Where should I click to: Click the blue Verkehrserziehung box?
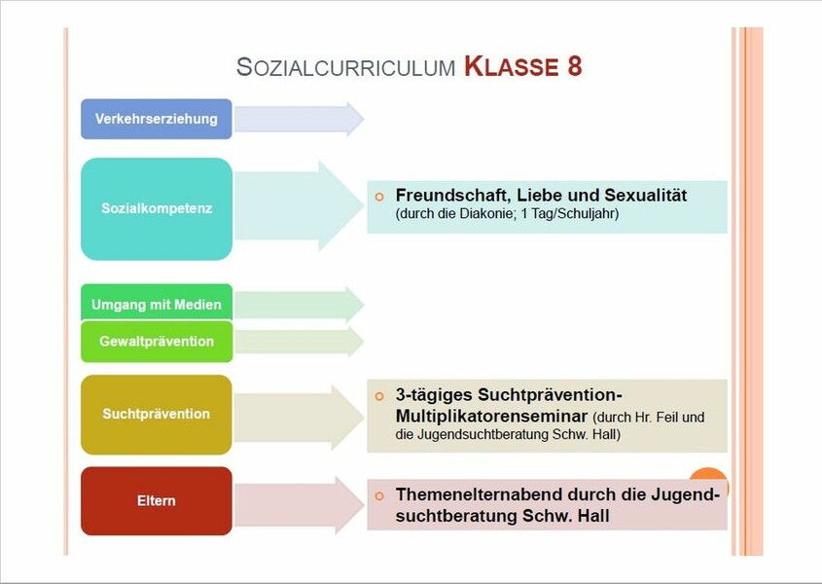[x=157, y=119]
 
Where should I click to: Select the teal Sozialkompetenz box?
[x=157, y=209]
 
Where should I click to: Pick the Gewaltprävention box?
[x=157, y=342]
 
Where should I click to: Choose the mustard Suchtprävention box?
[x=157, y=415]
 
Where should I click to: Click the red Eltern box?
[x=157, y=501]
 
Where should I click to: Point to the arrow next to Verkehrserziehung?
[x=299, y=119]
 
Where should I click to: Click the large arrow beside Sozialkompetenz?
[x=299, y=206]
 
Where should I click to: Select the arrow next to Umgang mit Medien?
[x=299, y=305]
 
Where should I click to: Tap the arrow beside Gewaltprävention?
[x=299, y=342]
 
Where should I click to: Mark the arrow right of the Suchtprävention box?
[x=299, y=418]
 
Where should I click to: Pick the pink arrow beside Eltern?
[x=299, y=505]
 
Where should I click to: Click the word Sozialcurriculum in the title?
[x=346, y=67]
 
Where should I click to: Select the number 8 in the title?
[x=575, y=67]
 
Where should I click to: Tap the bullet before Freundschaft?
[x=379, y=197]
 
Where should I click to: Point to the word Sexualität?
[x=645, y=196]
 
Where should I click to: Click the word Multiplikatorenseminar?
[x=491, y=416]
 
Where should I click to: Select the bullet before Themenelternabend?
[x=379, y=495]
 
